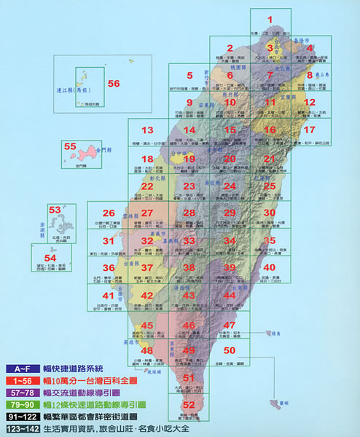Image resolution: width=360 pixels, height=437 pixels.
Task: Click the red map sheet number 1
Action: click(x=270, y=20)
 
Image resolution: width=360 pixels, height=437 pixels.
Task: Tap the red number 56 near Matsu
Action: click(x=113, y=84)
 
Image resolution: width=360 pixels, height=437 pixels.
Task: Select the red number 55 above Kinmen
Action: click(x=70, y=147)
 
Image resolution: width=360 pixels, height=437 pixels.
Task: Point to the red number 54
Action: click(x=50, y=258)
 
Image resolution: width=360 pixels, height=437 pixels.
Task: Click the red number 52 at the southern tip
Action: click(x=189, y=404)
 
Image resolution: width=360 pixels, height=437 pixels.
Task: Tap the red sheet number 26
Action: click(x=109, y=213)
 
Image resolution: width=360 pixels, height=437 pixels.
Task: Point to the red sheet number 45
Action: click(x=147, y=325)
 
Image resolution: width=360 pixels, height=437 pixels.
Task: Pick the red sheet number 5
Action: click(x=189, y=75)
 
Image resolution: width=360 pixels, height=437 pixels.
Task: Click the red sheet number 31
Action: click(x=109, y=241)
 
